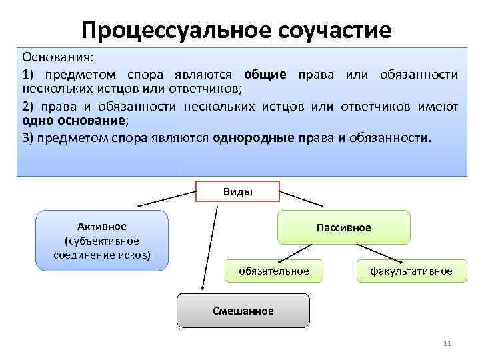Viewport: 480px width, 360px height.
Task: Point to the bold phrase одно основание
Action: coord(73,121)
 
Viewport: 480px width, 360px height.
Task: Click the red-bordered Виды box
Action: coord(237,192)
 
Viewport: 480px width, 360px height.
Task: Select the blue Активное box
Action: coord(101,241)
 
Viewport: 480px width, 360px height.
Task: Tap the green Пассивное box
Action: coord(343,227)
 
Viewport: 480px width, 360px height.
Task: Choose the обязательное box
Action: coord(274,271)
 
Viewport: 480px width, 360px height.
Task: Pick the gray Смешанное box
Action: coord(243,311)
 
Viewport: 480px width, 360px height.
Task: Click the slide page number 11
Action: coord(447,343)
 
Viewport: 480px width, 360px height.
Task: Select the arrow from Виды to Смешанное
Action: coord(209,247)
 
